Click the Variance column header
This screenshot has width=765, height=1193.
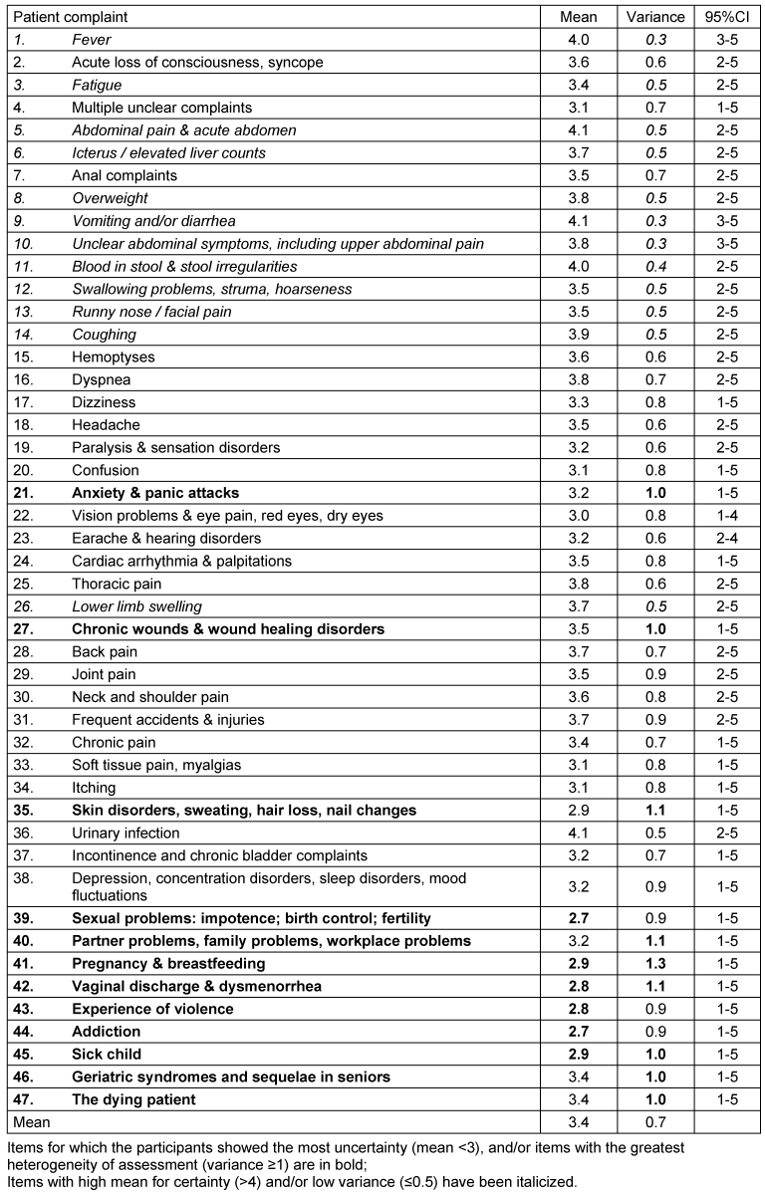click(x=654, y=17)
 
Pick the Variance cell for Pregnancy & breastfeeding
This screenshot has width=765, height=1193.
click(x=654, y=964)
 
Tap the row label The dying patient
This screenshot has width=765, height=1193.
click(x=133, y=1099)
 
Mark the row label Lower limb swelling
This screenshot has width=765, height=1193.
click(x=136, y=606)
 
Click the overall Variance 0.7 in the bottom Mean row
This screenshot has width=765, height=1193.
click(x=654, y=1122)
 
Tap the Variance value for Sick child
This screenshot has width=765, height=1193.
click(x=654, y=1055)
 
